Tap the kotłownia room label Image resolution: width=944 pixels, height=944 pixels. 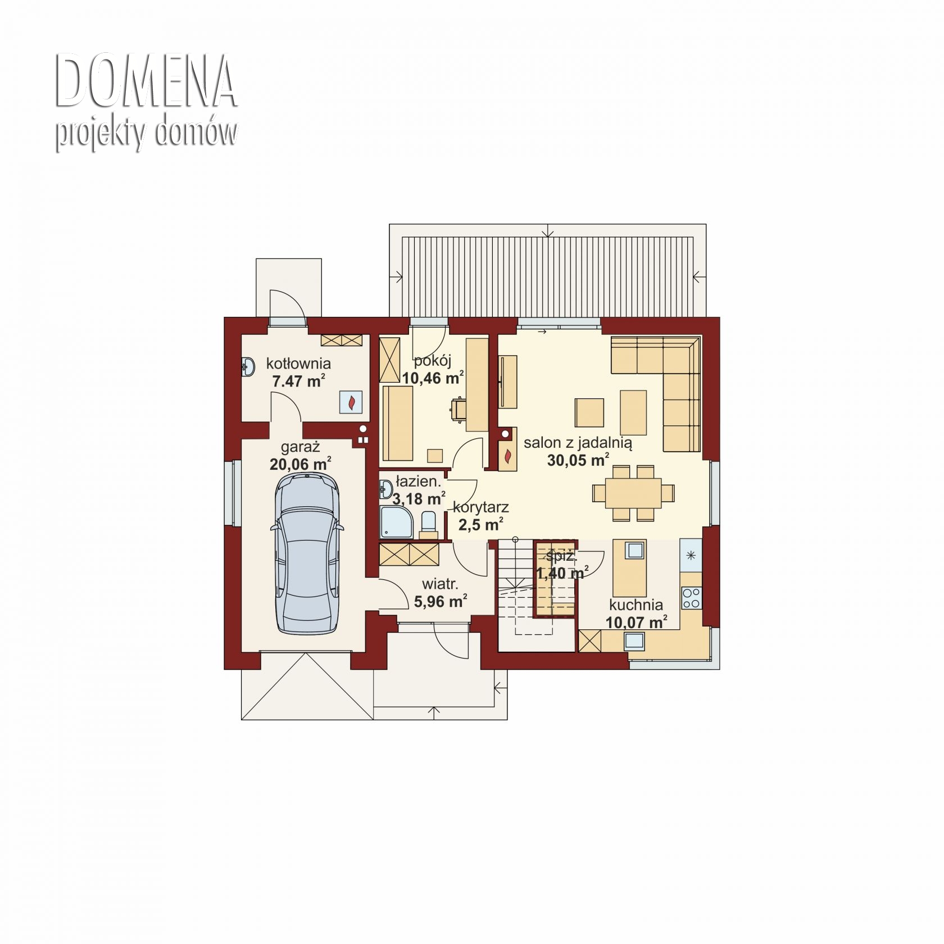click(298, 364)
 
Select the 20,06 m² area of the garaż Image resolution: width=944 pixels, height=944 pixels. click(300, 464)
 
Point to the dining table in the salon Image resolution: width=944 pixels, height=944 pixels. click(633, 493)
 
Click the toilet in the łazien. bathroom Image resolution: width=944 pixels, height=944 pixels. click(429, 522)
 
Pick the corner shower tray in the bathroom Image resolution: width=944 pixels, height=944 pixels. click(397, 521)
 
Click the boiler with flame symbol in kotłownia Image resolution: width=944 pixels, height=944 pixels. click(351, 402)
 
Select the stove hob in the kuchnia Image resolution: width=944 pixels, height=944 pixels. click(691, 598)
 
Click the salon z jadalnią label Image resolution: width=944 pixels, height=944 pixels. click(578, 443)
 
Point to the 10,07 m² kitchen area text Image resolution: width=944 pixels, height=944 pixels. click(636, 622)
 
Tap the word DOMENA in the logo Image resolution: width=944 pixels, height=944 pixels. click(146, 81)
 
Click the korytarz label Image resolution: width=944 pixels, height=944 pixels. click(481, 507)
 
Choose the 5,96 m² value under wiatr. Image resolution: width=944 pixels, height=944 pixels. click(441, 602)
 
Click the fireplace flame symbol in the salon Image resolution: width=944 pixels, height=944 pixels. click(508, 457)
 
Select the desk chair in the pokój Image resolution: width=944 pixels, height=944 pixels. click(457, 408)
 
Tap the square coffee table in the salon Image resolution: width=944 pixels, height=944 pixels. click(589, 413)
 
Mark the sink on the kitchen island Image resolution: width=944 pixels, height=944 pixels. click(634, 550)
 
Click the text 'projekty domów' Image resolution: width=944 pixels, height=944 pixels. click(146, 134)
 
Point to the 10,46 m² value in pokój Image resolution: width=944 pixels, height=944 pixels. click(433, 378)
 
